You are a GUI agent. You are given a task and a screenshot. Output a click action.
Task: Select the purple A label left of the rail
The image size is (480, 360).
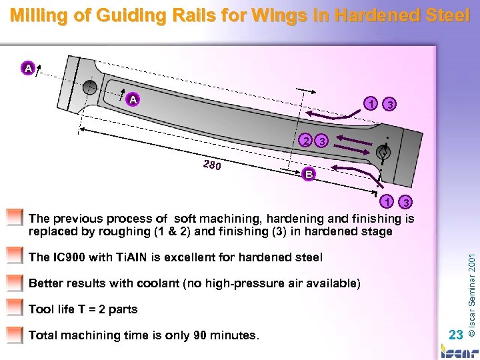(x=27, y=67)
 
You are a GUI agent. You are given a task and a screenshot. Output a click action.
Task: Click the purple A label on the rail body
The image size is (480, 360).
(x=133, y=99)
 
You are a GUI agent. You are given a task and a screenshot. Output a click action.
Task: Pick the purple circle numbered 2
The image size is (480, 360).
(x=305, y=141)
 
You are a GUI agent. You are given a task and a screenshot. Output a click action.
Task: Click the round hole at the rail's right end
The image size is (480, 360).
(x=383, y=153)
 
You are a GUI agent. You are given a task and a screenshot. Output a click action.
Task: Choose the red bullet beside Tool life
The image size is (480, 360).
(x=14, y=308)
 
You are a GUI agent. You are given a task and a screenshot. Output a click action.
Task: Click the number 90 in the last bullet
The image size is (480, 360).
(x=200, y=335)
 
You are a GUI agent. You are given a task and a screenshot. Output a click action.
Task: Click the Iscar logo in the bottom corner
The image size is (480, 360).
(x=458, y=351)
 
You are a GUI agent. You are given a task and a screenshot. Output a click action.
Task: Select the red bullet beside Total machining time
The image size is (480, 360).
(x=14, y=334)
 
